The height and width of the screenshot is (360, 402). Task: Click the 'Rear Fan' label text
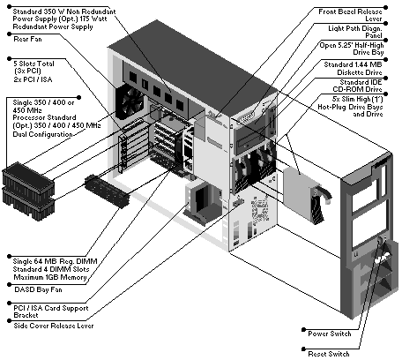(27, 39)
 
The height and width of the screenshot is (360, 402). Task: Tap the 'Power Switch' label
(330, 334)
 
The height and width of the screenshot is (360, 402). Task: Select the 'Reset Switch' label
(329, 354)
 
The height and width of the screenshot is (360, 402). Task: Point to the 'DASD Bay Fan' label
(38, 289)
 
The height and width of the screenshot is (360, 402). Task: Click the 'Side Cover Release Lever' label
(54, 326)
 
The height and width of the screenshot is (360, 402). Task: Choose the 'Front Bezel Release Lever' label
(350, 15)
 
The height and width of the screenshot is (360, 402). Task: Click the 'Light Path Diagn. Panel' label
(355, 32)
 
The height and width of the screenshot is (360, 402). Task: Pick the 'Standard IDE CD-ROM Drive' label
(357, 86)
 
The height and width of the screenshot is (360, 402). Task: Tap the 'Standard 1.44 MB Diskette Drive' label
(353, 68)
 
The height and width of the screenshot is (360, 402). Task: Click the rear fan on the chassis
(129, 102)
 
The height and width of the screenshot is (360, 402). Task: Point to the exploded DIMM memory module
(107, 191)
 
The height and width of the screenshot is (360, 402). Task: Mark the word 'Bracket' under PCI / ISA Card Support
(26, 315)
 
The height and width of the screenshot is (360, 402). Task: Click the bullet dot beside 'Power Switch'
(303, 330)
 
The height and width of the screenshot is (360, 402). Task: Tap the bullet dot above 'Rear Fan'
(9, 34)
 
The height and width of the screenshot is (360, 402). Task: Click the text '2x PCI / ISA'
(33, 79)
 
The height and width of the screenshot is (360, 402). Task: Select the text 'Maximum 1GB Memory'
(50, 277)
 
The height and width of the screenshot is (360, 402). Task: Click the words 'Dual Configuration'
(42, 134)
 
